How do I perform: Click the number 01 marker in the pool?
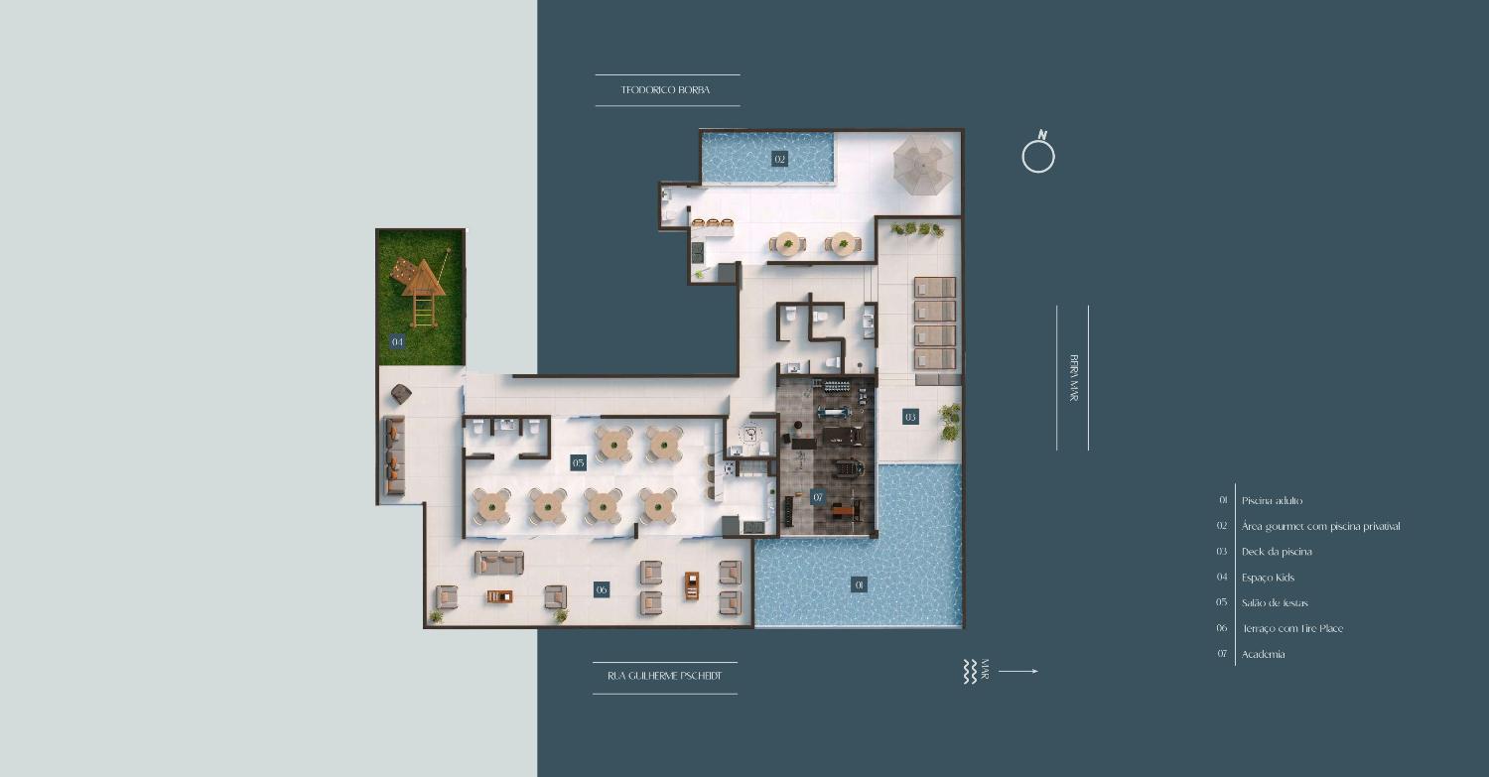[x=859, y=584]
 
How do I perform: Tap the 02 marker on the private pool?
[x=779, y=159]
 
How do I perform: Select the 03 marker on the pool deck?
[x=910, y=417]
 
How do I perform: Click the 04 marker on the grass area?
[x=397, y=341]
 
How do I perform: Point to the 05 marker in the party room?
[x=579, y=462]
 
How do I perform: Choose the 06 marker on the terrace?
[x=602, y=589]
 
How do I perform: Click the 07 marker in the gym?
[x=818, y=497]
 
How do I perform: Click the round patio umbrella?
[x=922, y=164]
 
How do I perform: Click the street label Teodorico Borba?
[x=665, y=89]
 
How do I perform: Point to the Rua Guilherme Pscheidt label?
[x=665, y=676]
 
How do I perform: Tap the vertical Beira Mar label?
[x=1073, y=377]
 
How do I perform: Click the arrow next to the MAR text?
[x=1018, y=672]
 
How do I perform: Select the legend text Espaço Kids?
[x=1268, y=578]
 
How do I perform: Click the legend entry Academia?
[x=1263, y=654]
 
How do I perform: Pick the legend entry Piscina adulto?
[x=1272, y=500]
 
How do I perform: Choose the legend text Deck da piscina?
[x=1277, y=552]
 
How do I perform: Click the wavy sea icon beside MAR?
[x=970, y=672]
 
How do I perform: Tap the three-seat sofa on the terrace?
[x=499, y=563]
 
